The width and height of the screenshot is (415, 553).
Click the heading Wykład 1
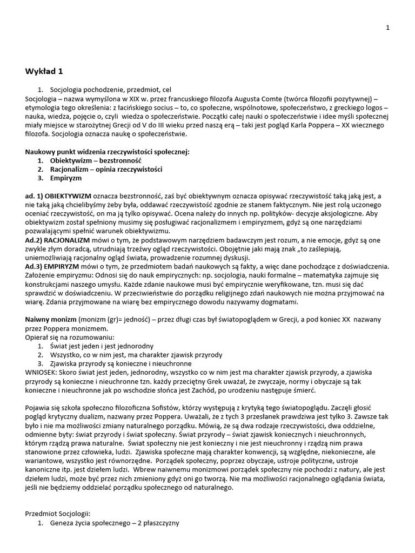coord(47,71)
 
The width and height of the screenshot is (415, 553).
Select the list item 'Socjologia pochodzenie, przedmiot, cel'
coord(111,89)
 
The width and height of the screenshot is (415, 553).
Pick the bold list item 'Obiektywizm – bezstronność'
coord(96,160)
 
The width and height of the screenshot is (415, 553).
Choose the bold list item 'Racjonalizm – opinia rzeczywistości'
coord(106,169)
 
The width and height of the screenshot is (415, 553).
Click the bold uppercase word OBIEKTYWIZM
coord(68,195)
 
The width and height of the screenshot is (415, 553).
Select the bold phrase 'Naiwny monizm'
coord(51,320)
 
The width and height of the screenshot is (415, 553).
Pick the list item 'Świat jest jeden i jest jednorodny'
coord(102,346)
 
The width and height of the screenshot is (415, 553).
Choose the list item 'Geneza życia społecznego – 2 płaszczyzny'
coord(114,523)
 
